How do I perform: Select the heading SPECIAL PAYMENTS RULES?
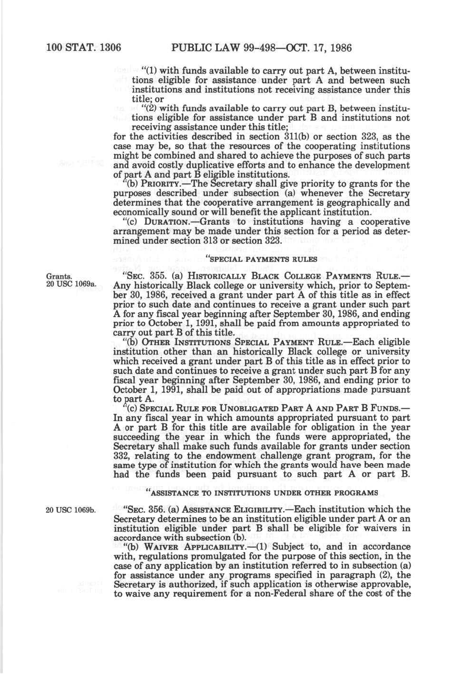tap(261, 259)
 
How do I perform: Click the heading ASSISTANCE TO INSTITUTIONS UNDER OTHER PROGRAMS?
tap(261, 492)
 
